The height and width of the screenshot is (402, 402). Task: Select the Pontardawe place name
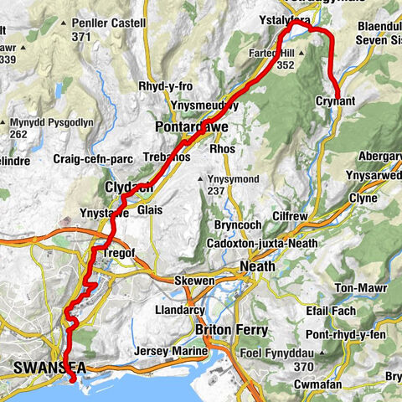pyautogui.click(x=190, y=126)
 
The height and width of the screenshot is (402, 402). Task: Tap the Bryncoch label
pyautogui.click(x=232, y=226)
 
